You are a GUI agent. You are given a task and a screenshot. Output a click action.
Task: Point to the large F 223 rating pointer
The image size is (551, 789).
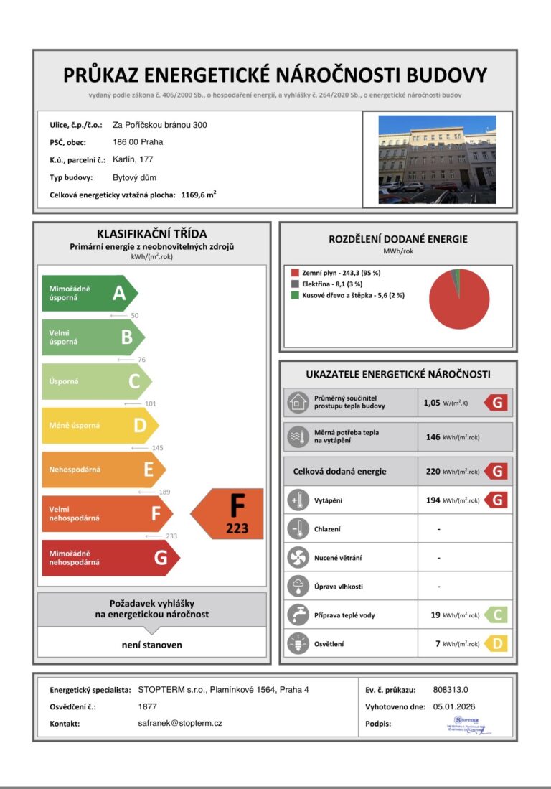coord(230,513)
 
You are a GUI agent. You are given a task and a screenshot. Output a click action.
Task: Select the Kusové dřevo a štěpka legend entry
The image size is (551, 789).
coord(343,294)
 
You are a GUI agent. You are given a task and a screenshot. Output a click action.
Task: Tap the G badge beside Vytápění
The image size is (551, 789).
coord(496,500)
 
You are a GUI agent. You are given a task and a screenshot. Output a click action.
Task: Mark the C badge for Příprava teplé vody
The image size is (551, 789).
coord(496,615)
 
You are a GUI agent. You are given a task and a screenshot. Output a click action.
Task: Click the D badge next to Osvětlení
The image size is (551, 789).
coord(496,644)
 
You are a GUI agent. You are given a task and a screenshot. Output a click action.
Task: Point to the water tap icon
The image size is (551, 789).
coord(297,615)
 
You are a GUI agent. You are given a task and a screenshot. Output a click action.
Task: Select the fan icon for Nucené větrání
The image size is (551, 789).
coord(297,558)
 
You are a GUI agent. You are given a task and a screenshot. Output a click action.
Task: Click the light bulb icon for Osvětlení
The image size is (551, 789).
coord(297,644)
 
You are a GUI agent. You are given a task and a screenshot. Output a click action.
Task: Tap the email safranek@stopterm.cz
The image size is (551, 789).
coord(180,723)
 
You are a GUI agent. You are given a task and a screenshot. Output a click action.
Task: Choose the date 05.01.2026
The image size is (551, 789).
coord(454,706)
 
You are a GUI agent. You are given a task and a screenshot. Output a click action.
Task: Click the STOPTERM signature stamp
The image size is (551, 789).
coord(470,724)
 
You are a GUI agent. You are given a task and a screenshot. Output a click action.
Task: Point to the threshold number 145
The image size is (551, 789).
coord(157,448)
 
